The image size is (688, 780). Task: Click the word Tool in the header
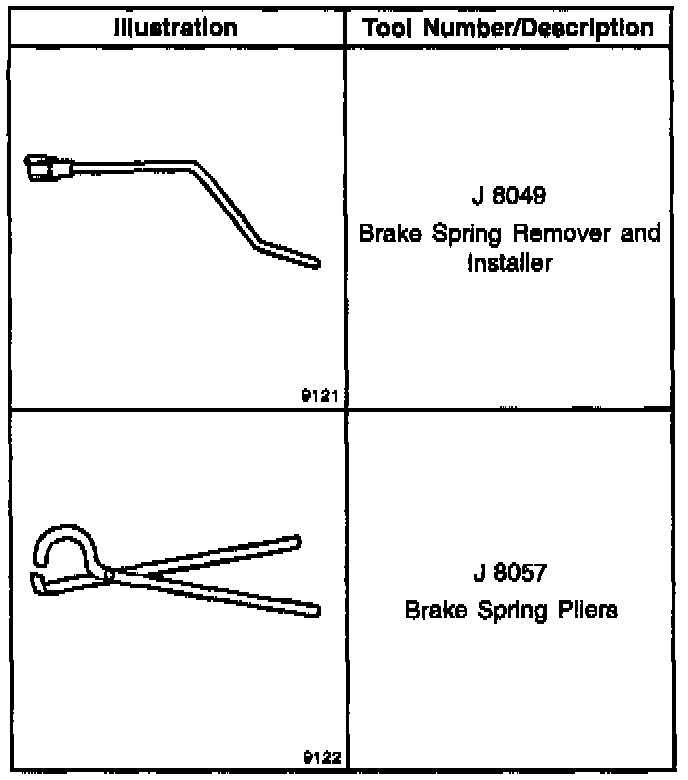pyautogui.click(x=392, y=27)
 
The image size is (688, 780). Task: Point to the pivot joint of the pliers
pyautogui.click(x=108, y=574)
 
